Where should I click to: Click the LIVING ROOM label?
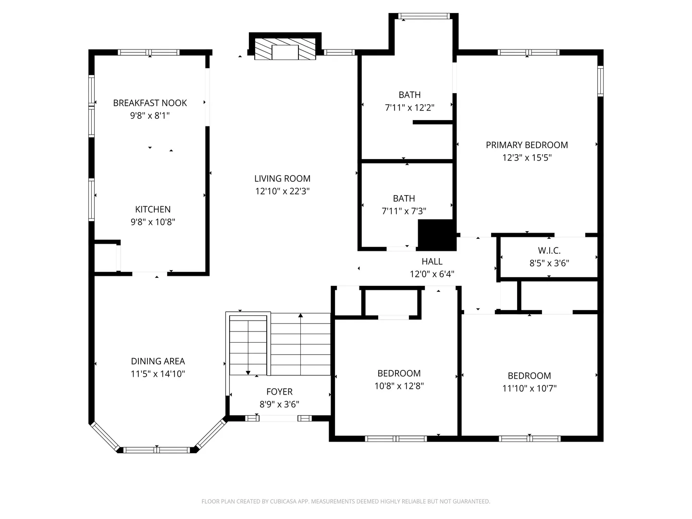point(282,179)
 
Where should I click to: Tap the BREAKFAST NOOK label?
point(150,103)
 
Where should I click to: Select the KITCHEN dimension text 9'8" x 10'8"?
point(153,222)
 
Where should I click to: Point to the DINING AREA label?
point(158,361)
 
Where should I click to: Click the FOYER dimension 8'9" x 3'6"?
point(279,404)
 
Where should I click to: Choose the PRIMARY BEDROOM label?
point(527,145)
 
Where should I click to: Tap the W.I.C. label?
point(549,250)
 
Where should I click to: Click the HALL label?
point(432,261)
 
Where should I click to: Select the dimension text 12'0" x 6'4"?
point(432,274)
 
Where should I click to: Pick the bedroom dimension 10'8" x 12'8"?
point(399,386)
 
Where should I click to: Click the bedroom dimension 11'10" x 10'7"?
point(529,388)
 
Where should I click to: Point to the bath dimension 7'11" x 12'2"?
point(409,108)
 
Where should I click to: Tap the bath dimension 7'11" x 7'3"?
point(404,211)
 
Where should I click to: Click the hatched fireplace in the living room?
point(285,49)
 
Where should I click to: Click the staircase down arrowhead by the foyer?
point(248,373)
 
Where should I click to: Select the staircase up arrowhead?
point(300,315)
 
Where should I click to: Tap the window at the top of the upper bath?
point(424,16)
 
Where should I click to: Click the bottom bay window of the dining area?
point(157,450)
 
